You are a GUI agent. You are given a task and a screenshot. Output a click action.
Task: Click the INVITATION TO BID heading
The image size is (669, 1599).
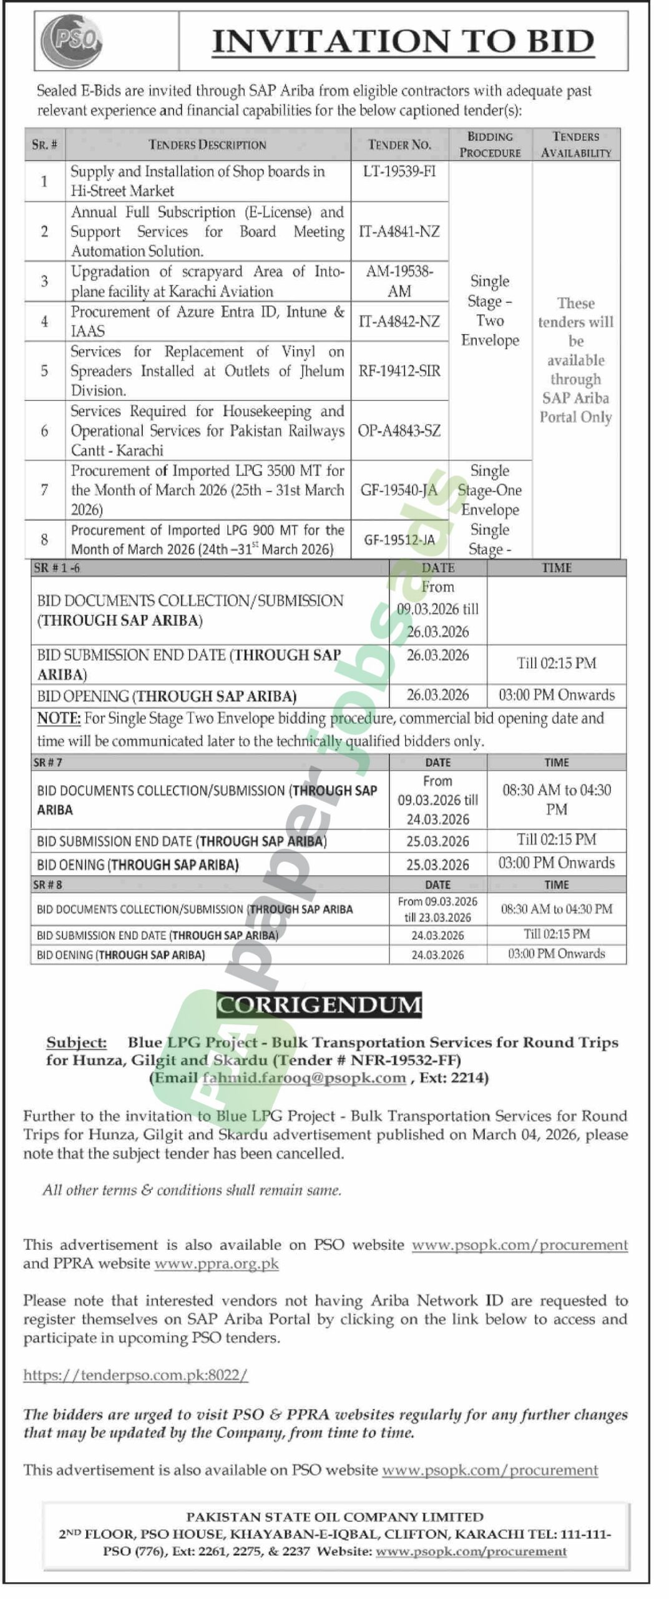tap(403, 41)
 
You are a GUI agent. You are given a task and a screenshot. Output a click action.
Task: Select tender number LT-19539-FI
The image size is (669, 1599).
tap(399, 171)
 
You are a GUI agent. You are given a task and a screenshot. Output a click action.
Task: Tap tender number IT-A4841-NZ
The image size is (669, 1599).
tap(399, 232)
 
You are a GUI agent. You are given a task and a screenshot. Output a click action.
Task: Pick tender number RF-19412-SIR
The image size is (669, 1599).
tap(399, 371)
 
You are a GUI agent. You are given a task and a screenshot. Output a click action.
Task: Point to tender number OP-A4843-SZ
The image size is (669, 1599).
tap(399, 431)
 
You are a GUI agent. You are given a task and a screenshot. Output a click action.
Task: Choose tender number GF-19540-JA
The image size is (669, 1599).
tap(399, 490)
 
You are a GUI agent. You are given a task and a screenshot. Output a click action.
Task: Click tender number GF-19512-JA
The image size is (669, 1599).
tap(399, 540)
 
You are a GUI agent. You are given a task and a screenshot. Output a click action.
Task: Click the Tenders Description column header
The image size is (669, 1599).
tap(207, 145)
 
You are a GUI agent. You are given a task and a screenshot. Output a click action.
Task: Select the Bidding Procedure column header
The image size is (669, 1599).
tap(490, 144)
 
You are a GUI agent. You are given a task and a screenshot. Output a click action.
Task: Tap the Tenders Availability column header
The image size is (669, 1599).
tap(576, 144)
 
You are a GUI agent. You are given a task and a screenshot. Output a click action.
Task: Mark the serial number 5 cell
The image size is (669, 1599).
tap(44, 371)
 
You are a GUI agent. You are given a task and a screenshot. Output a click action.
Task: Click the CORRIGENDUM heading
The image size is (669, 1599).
tap(319, 1005)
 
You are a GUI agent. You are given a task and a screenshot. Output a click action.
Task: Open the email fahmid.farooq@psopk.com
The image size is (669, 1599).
tap(304, 1077)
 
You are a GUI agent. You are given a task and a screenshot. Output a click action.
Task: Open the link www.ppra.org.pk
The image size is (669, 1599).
tap(217, 1264)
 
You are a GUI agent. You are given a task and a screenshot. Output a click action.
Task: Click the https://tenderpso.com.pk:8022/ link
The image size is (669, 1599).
tap(135, 1375)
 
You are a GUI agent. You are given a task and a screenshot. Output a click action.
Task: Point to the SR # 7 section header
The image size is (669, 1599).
tap(48, 762)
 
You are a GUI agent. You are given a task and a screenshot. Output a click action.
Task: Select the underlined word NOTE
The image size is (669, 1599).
tap(59, 718)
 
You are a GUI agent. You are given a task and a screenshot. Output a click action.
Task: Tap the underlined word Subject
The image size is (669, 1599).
tap(76, 1042)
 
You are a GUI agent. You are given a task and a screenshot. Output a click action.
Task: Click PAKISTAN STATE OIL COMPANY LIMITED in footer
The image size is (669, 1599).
tap(334, 1517)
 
